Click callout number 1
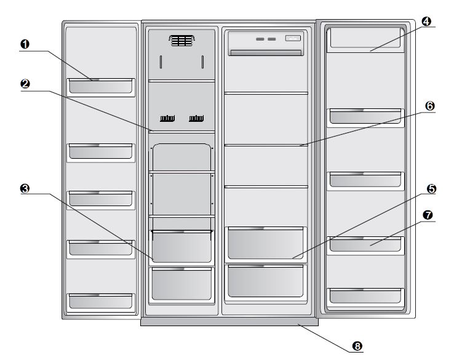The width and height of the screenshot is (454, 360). click(x=25, y=44)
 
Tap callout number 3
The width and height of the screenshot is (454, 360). click(x=25, y=188)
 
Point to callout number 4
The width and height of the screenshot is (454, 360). click(x=426, y=22)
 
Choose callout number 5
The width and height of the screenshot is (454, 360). click(x=431, y=189)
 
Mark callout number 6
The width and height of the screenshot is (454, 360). click(x=429, y=106)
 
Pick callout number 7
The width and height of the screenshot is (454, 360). click(x=428, y=216)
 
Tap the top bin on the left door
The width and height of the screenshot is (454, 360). click(x=100, y=87)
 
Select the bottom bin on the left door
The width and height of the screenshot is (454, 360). click(x=100, y=300)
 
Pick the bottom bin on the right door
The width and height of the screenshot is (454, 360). click(x=365, y=295)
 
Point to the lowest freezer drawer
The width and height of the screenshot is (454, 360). click(x=181, y=279)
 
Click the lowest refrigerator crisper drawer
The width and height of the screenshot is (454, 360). click(x=266, y=281)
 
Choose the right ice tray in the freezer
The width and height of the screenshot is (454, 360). click(x=197, y=118)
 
